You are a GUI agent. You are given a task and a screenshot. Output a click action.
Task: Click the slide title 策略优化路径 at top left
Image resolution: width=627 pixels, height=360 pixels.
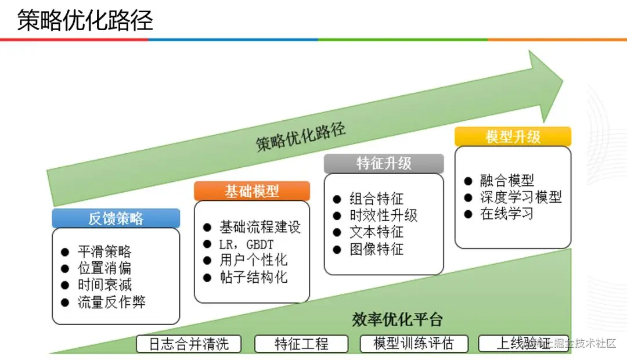pyautogui.click(x=85, y=21)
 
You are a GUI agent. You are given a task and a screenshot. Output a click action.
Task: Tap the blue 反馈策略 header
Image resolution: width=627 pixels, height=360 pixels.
pyautogui.click(x=116, y=218)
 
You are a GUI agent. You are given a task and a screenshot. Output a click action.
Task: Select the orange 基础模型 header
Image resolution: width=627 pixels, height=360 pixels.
pyautogui.click(x=252, y=191)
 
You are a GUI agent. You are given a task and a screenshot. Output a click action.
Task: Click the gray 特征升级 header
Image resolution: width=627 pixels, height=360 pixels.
pyautogui.click(x=384, y=163)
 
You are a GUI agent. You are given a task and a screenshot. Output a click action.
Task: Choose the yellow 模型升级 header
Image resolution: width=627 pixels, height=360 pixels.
pyautogui.click(x=513, y=136)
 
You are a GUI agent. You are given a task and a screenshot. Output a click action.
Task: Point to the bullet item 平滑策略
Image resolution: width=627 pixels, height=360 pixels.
pyautogui.click(x=104, y=252)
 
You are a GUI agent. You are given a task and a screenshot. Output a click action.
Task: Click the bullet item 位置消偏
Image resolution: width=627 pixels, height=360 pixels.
pyautogui.click(x=104, y=268)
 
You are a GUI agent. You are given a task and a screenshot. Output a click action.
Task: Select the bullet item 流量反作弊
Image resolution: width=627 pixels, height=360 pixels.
pyautogui.click(x=111, y=302)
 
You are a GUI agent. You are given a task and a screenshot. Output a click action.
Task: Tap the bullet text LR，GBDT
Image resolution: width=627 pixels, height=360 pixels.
pyautogui.click(x=246, y=244)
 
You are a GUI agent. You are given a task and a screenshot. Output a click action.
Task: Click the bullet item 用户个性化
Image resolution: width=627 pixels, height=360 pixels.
pyautogui.click(x=253, y=260)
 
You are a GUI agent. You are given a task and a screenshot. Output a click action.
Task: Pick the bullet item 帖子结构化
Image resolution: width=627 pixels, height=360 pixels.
pyautogui.click(x=253, y=277)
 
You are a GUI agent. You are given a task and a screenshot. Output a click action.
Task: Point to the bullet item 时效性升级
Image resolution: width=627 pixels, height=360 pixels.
pyautogui.click(x=383, y=215)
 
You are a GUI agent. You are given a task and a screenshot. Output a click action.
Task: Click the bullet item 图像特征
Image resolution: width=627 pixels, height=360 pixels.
pyautogui.click(x=376, y=250)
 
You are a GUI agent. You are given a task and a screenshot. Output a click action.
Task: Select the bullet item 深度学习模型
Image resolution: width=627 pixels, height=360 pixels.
pyautogui.click(x=521, y=197)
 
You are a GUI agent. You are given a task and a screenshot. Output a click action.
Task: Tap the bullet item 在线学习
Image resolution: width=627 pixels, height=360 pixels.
pyautogui.click(x=506, y=214)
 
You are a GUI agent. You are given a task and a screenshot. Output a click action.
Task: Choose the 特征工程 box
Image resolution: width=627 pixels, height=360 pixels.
pyautogui.click(x=301, y=344)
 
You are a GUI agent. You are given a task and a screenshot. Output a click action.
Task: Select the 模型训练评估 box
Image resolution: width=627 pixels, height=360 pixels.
pyautogui.click(x=413, y=344)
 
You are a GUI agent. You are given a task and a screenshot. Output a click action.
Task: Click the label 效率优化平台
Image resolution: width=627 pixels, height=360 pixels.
pyautogui.click(x=397, y=319)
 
